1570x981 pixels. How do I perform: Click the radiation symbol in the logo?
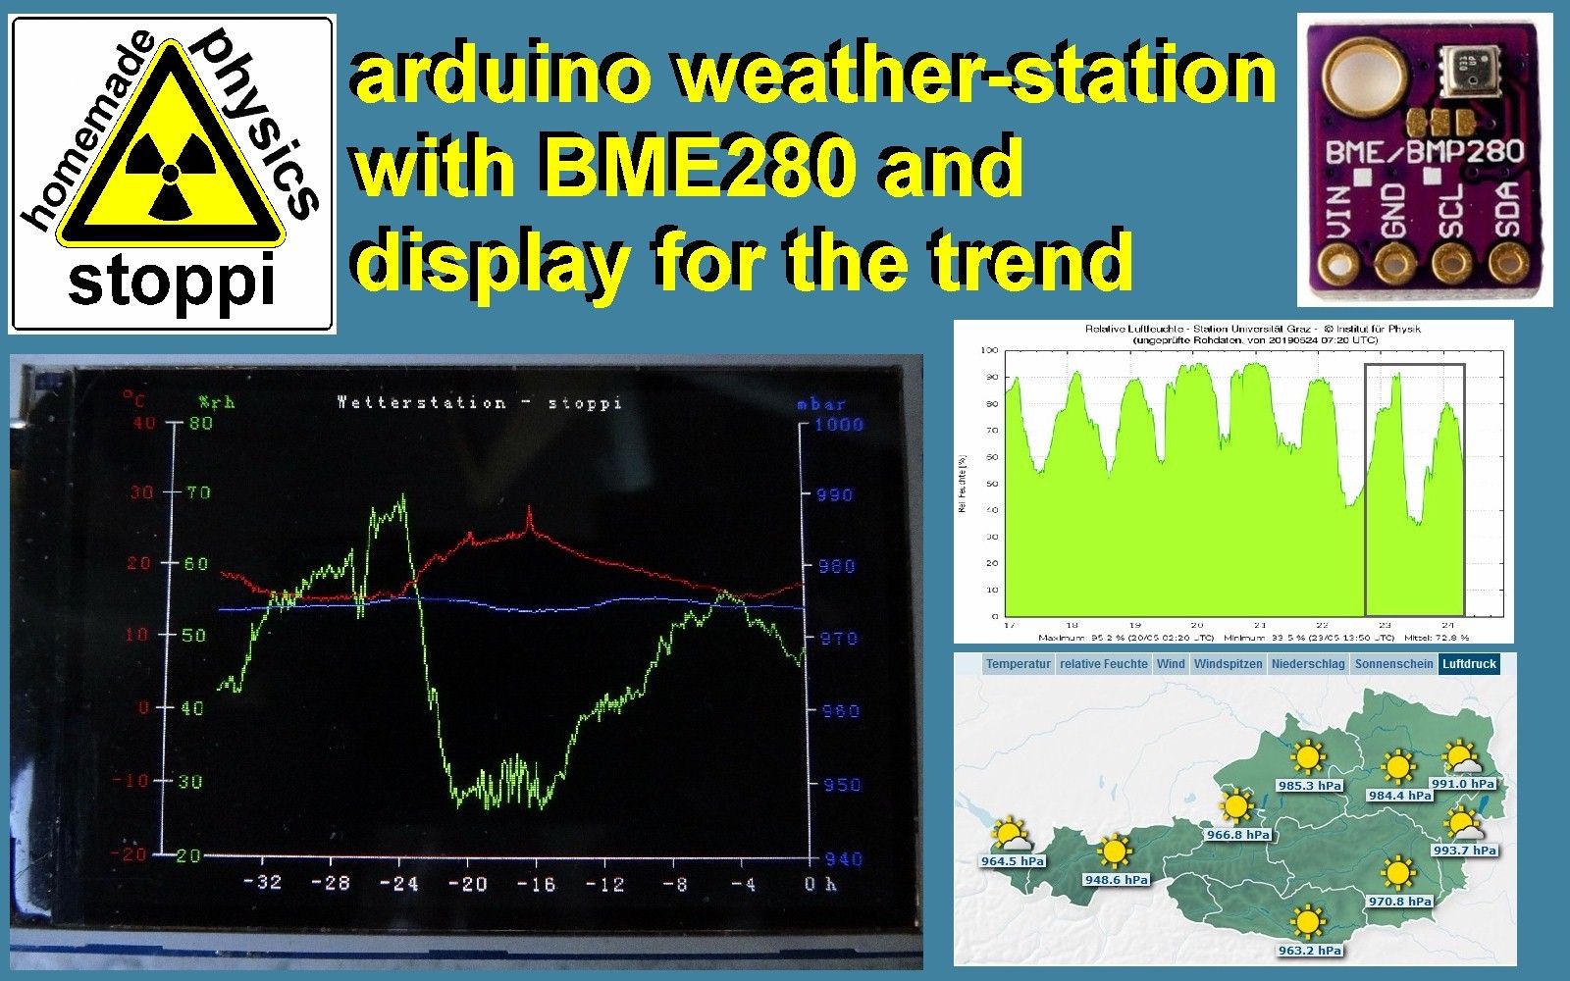(170, 174)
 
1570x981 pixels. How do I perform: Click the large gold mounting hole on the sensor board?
(1362, 77)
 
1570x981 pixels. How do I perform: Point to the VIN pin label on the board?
(1336, 214)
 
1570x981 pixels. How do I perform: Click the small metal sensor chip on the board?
(1463, 68)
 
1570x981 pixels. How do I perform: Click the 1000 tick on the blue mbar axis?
(839, 424)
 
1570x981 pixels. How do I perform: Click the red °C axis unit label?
(133, 399)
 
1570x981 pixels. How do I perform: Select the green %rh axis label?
(216, 401)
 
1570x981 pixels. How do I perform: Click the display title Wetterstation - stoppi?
(479, 402)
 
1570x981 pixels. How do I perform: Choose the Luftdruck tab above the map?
(1468, 664)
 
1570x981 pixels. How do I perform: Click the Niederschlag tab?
(1308, 664)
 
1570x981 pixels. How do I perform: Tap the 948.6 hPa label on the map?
(1116, 880)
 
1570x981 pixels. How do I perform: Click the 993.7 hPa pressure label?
(1464, 851)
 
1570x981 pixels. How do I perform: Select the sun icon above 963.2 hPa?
(1307, 923)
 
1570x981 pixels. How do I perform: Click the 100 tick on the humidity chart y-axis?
(989, 350)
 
